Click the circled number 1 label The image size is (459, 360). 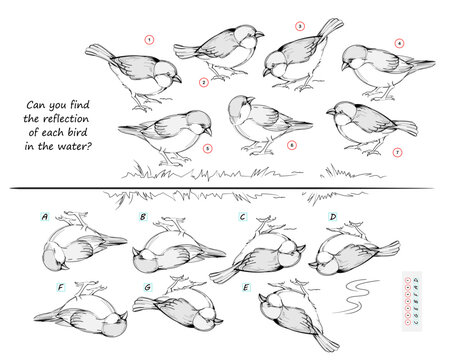point(149,41)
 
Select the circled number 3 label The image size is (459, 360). point(299,26)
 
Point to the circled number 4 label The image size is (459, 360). point(398,43)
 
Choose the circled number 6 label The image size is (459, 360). point(291,144)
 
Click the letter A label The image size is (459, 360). point(45,215)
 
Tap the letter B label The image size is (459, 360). point(143,215)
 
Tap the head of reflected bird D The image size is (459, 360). point(325,259)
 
